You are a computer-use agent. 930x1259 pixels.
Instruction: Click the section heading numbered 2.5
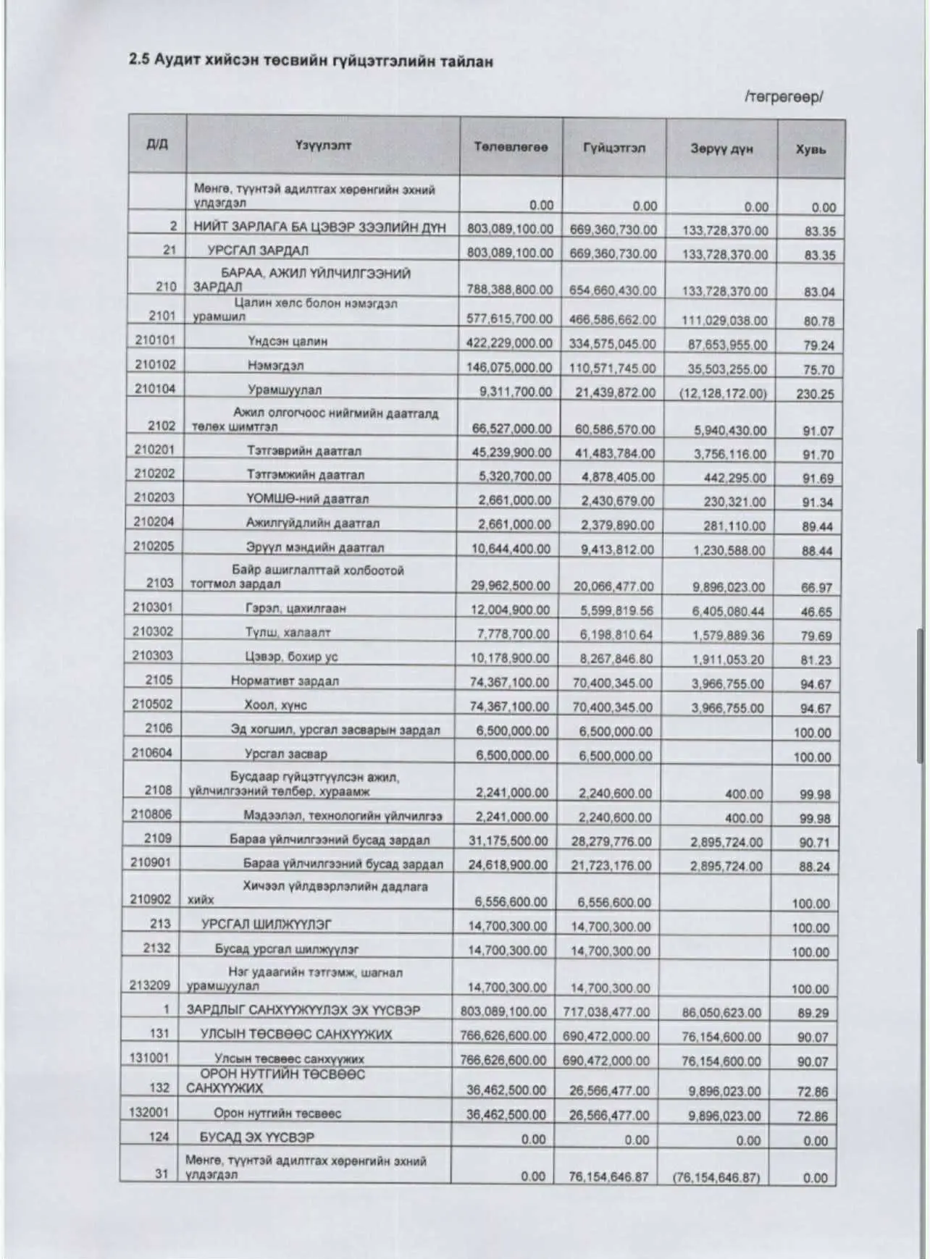pos(311,61)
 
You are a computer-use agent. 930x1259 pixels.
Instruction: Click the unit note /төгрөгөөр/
pos(783,96)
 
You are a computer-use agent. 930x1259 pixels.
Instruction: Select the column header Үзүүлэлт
pos(322,145)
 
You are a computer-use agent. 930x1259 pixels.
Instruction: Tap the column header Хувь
pos(810,149)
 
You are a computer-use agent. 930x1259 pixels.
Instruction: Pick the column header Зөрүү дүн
pos(721,148)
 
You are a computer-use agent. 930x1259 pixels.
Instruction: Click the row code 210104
pos(155,389)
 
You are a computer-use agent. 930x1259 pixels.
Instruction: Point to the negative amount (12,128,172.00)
pos(723,393)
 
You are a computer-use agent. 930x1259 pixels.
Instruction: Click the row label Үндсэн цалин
pos(287,341)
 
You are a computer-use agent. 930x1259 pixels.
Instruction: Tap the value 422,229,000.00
pos(510,343)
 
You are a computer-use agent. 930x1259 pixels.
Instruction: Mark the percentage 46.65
pos(816,612)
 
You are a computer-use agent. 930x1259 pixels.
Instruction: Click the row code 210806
pos(151,814)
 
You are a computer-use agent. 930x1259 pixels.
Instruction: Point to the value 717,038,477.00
pos(606,1011)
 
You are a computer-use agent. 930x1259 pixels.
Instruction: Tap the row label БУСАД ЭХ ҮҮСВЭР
pos(257,1137)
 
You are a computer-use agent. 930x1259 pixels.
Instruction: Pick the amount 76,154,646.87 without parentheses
pos(608,1176)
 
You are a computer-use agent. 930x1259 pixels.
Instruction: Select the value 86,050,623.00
pos(721,1012)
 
